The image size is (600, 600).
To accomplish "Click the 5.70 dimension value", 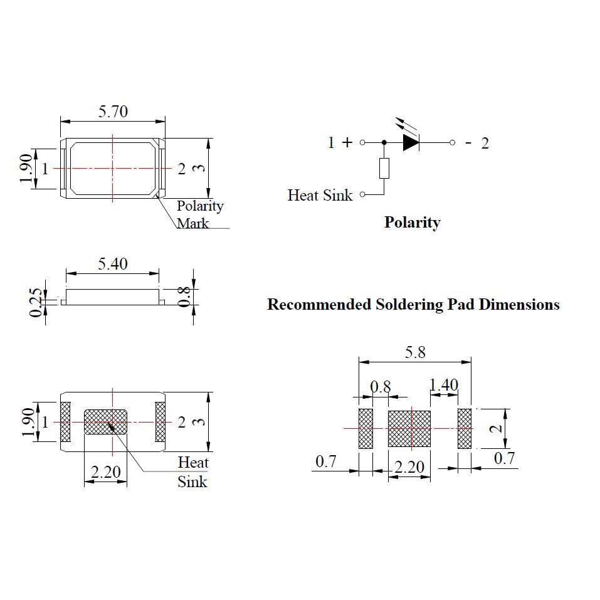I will (113, 112).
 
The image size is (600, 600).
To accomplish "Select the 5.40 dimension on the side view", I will (113, 264).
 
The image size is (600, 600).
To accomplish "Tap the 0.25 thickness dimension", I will (38, 302).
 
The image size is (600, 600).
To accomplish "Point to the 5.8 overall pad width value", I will (414, 352).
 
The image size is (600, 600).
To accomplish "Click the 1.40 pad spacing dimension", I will (444, 385).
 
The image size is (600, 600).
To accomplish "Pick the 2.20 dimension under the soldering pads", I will (409, 467).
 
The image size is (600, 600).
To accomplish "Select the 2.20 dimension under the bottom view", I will (105, 472).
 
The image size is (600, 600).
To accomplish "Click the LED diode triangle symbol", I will (411, 143).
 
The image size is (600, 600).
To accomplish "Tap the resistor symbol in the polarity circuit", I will (384, 169).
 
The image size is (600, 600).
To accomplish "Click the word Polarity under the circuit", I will (412, 223).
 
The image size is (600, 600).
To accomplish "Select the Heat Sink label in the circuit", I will (320, 195).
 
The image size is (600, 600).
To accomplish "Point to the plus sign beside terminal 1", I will (347, 143).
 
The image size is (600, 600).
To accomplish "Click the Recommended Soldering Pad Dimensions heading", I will (413, 305).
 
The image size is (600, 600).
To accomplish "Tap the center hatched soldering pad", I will (409, 428).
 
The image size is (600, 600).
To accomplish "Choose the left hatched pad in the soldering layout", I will (366, 428).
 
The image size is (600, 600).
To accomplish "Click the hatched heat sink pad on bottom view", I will (105, 422).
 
